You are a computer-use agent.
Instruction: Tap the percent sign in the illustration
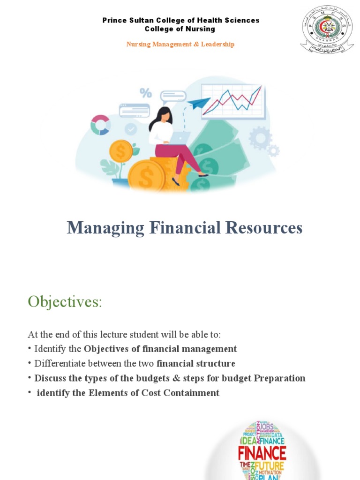pos(146,93)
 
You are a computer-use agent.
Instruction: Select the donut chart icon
pos(100,125)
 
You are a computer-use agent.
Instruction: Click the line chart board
pos(232,101)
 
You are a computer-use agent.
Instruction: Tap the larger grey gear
pos(260,138)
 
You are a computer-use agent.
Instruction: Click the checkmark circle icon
pos(131,129)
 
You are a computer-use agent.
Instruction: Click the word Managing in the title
pos(99,228)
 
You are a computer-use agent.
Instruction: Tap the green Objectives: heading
pos(65,302)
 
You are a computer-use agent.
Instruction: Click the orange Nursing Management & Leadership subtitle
pos(180,44)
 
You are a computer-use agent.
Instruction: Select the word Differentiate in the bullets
pos(59,364)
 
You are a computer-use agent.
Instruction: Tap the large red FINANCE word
pos(262,453)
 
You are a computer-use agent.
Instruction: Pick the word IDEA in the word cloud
pos(249,441)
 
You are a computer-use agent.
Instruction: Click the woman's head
pos(164,115)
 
